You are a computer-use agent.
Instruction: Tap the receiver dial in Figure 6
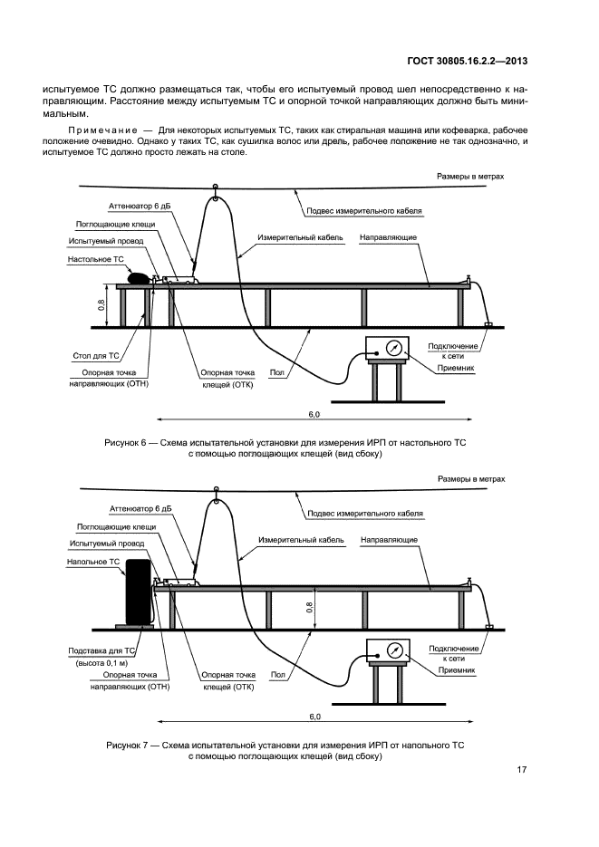pos(394,348)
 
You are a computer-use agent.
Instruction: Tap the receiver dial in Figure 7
pos(394,650)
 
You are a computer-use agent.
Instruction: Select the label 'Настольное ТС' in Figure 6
pos(96,258)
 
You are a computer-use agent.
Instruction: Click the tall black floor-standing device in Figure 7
pos(139,592)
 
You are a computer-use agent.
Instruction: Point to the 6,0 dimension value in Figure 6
pos(314,413)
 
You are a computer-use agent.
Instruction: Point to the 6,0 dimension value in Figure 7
pos(314,717)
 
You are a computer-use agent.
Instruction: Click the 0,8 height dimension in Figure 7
pos(310,607)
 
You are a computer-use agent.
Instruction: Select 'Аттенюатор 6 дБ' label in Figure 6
pos(140,206)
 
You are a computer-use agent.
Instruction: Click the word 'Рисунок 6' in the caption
pos(130,441)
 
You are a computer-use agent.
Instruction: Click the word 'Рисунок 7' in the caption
pos(130,744)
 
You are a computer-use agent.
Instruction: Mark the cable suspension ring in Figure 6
pos(216,188)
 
